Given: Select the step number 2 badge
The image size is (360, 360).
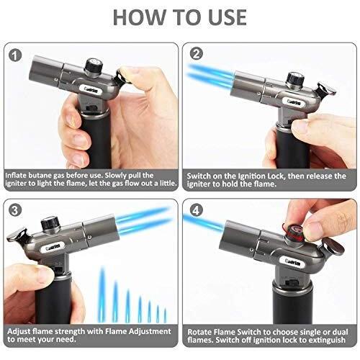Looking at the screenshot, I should tap(196, 54).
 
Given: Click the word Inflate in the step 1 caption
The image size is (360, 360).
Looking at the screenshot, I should tap(19, 174).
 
